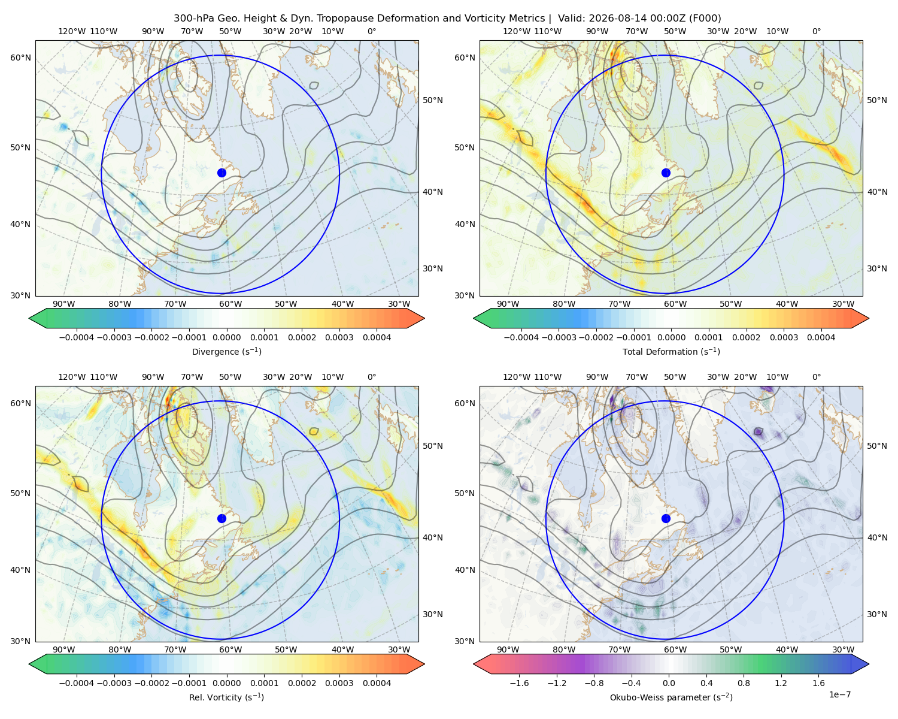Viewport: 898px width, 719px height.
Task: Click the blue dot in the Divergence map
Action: pos(222,173)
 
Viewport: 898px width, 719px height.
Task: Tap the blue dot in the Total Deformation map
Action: pos(666,173)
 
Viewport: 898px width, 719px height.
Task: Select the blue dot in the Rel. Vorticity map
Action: pos(222,518)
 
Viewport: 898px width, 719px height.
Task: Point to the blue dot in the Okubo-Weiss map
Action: pos(666,518)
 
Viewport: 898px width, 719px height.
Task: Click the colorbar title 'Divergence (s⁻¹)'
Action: pos(226,351)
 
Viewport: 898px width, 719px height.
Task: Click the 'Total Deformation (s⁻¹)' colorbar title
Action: pos(671,351)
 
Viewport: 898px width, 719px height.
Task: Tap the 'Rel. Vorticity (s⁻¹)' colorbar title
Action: pos(226,697)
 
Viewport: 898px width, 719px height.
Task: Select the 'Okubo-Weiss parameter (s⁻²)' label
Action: pos(671,697)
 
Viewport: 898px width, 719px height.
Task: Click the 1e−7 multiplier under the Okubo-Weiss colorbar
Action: pos(839,694)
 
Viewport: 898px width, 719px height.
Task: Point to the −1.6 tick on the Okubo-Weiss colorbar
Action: pos(520,683)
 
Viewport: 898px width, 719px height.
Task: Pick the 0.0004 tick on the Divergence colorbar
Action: pos(377,337)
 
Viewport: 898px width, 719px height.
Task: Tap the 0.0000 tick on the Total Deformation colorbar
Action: pos(672,337)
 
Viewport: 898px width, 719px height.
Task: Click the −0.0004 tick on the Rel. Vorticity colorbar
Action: pos(77,683)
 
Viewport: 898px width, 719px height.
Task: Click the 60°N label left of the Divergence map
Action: pos(20,58)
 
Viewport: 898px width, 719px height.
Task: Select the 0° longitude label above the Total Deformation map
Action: pos(816,31)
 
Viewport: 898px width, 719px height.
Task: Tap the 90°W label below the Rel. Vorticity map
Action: pos(64,649)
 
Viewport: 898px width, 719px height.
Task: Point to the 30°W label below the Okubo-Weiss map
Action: pos(843,649)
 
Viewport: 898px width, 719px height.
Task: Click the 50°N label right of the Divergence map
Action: pos(433,100)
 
